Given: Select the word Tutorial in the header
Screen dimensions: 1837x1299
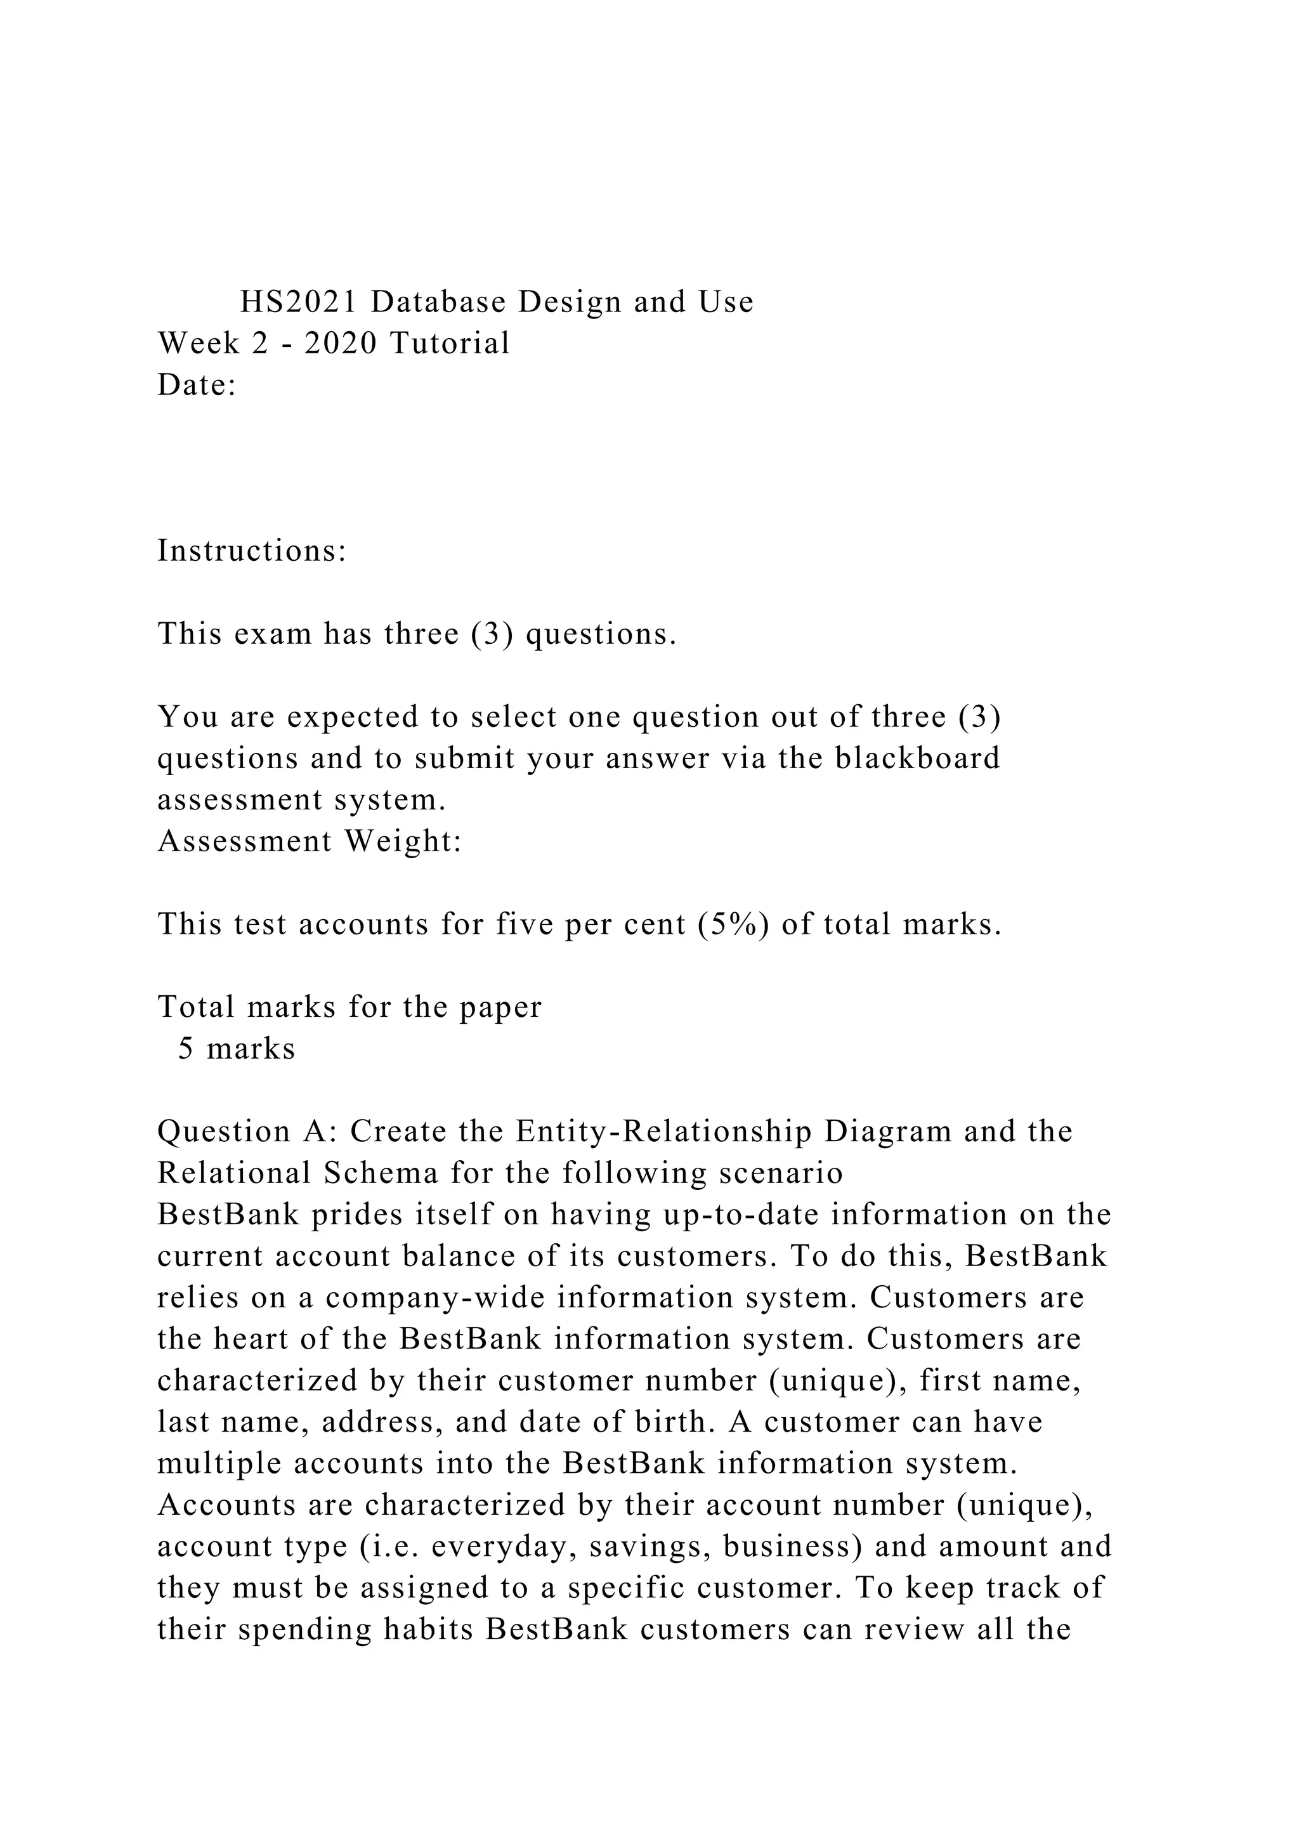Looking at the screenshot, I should click(450, 343).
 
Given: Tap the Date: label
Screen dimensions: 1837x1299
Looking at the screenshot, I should click(197, 385).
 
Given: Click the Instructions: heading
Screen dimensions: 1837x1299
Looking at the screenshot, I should click(252, 551).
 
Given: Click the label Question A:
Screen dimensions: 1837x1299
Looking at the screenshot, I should click(247, 1132).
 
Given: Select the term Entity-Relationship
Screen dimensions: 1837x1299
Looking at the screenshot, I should click(664, 1132).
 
